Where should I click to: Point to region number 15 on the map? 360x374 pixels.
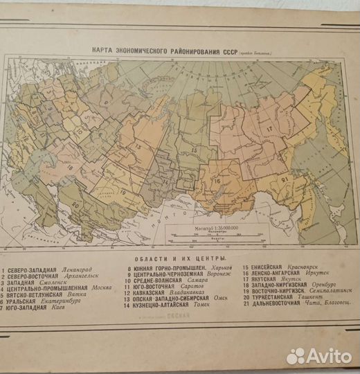click(194, 149)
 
